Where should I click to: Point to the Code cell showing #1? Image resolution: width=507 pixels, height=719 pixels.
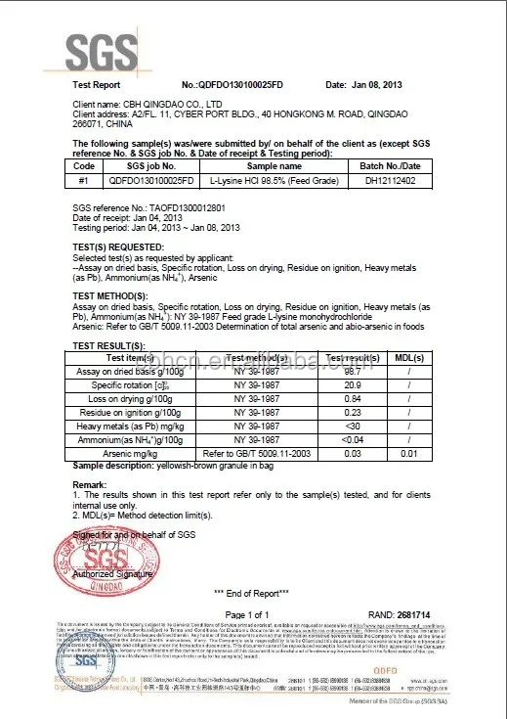tap(84, 180)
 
